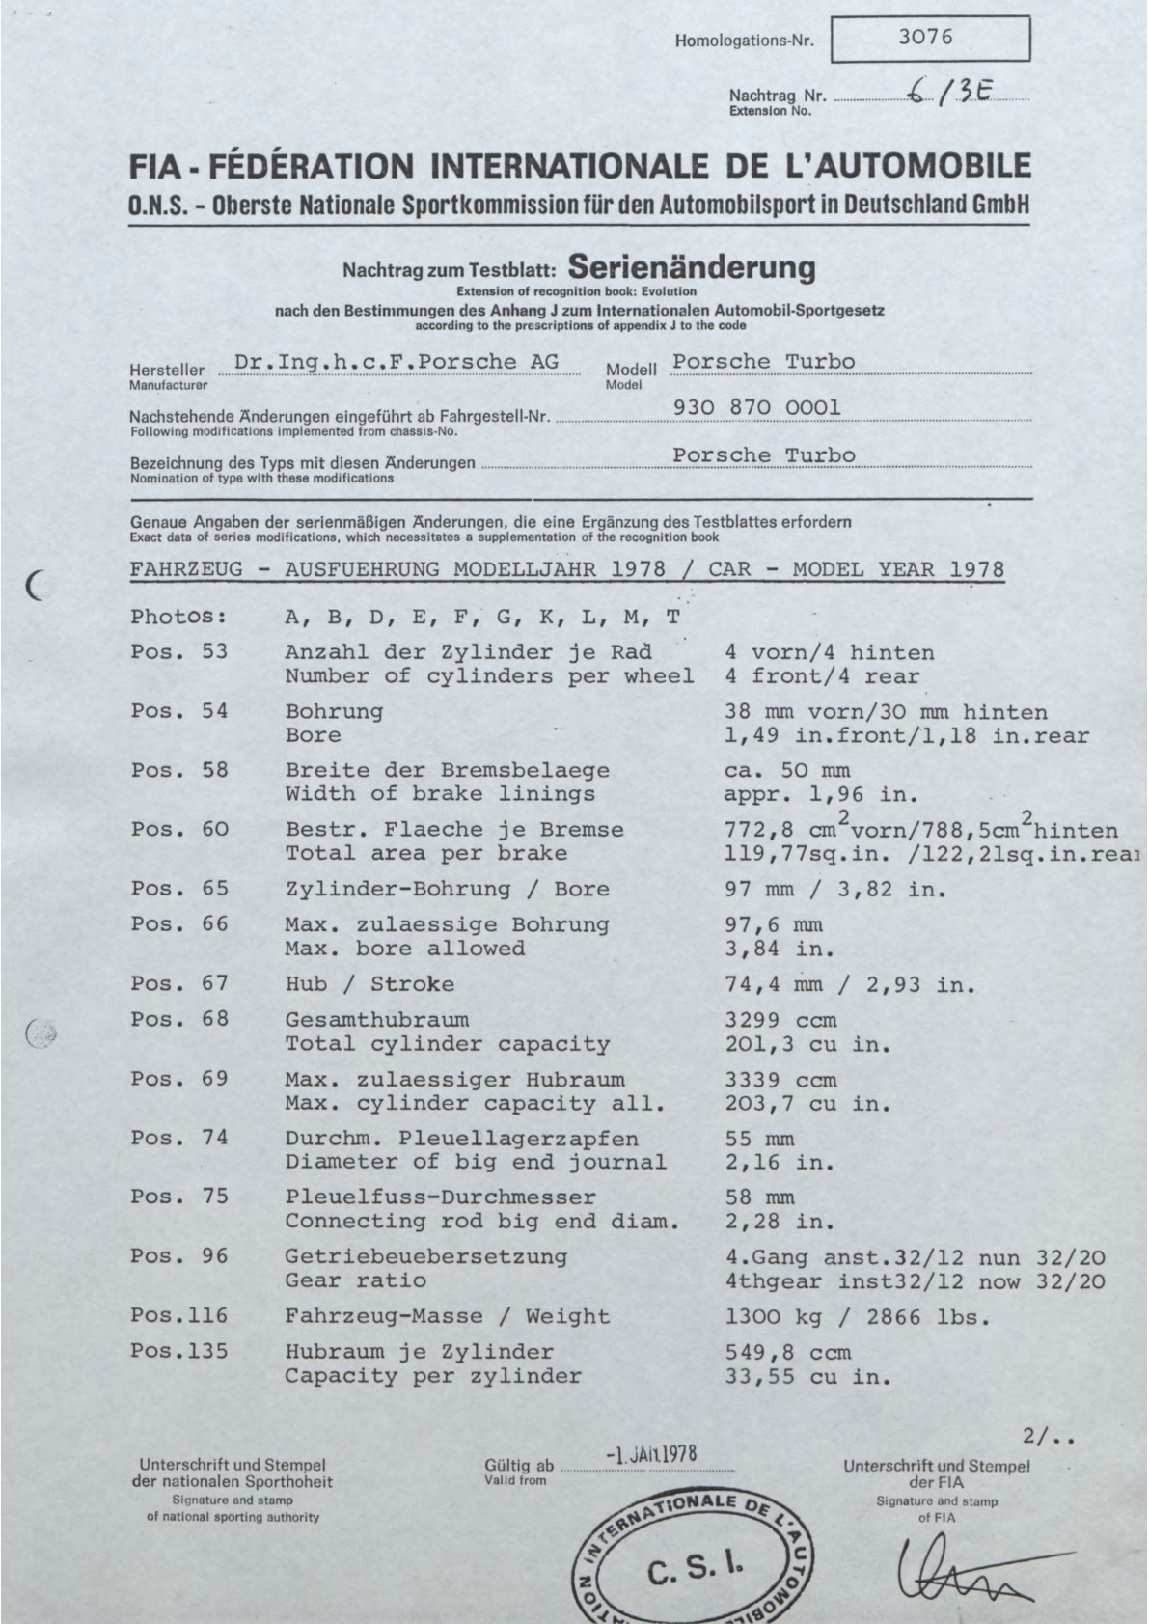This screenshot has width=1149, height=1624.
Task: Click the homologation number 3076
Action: coord(924,38)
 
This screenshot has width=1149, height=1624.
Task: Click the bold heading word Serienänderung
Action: coord(692,267)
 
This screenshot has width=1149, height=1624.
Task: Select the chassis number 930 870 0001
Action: coord(756,408)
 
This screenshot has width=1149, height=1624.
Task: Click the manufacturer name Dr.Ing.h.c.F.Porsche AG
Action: coord(396,362)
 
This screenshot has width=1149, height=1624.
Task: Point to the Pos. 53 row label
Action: coord(179,651)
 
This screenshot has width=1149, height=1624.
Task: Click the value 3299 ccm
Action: coord(780,1020)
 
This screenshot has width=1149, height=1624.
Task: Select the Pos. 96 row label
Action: coord(179,1256)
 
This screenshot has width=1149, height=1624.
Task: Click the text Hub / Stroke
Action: coord(369,984)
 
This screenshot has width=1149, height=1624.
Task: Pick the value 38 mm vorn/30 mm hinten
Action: coord(885,712)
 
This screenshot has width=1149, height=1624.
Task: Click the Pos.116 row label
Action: coord(179,1316)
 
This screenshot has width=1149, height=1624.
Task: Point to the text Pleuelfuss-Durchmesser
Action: coord(440,1197)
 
